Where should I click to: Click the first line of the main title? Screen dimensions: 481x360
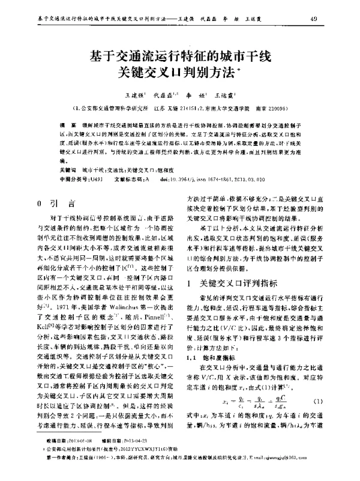[x=180, y=58]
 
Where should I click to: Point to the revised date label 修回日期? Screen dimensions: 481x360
[x=112, y=457]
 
